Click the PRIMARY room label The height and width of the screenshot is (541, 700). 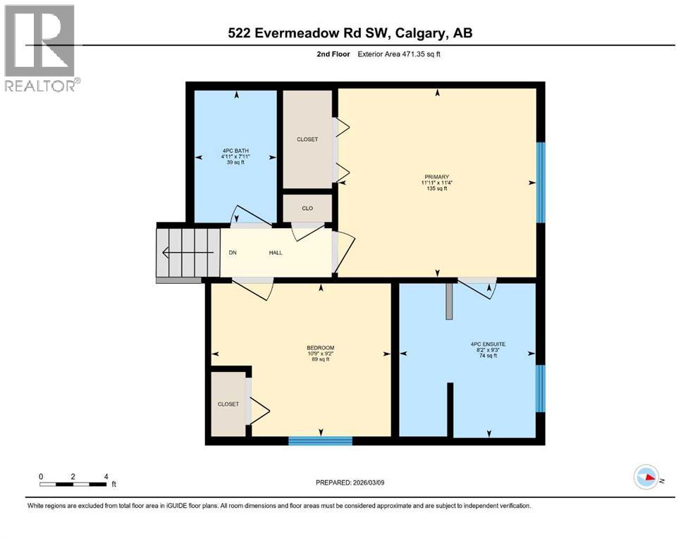[x=436, y=177]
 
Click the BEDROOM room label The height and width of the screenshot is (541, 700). [x=320, y=348]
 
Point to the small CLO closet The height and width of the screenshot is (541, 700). [x=307, y=209]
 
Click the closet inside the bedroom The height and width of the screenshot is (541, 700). [x=228, y=404]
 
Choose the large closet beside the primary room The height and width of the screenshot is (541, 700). [x=307, y=139]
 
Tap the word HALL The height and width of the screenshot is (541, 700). [x=275, y=253]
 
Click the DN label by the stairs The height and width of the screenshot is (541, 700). [x=232, y=253]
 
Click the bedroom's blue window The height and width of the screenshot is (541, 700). [x=320, y=441]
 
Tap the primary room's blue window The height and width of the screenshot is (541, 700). [x=541, y=182]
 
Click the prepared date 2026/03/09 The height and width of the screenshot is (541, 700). [x=350, y=483]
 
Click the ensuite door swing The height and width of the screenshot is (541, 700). [x=479, y=288]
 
